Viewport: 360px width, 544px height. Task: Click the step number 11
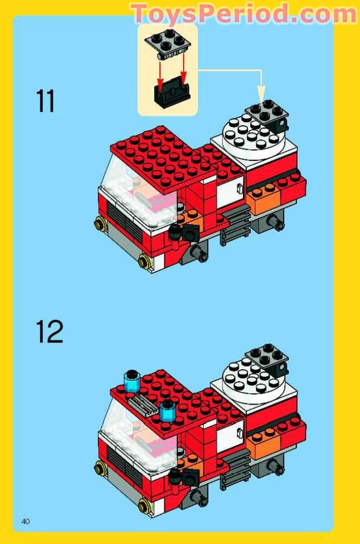click(x=45, y=101)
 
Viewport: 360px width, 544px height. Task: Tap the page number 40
click(x=26, y=521)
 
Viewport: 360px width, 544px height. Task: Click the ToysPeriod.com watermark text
click(x=243, y=14)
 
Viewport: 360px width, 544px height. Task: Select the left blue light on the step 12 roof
click(x=132, y=380)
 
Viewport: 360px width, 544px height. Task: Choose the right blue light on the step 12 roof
click(x=167, y=410)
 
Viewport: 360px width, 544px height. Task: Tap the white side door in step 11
click(x=230, y=190)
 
